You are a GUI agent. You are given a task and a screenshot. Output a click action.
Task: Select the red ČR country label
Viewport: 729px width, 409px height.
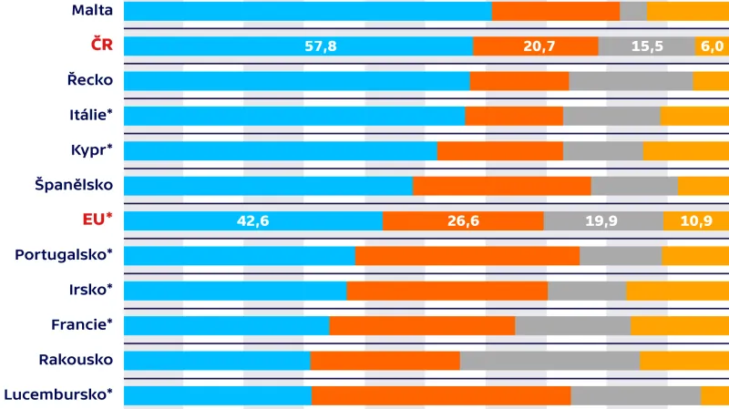click(x=101, y=45)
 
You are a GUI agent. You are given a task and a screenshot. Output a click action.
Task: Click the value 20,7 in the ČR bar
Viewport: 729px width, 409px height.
click(x=539, y=46)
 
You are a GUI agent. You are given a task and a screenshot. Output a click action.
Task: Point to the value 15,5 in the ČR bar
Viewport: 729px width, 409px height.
click(x=646, y=46)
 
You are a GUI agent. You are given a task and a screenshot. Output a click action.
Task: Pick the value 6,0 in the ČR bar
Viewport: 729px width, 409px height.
click(x=711, y=46)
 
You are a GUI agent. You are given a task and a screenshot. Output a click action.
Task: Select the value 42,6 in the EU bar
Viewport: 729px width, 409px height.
click(x=252, y=220)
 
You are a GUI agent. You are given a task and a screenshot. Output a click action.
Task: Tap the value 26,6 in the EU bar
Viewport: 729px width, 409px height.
click(x=461, y=220)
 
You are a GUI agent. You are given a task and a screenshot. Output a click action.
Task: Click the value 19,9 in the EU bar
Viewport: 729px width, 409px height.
click(x=602, y=220)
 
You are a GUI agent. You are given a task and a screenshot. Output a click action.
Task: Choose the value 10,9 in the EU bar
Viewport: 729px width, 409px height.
click(x=696, y=220)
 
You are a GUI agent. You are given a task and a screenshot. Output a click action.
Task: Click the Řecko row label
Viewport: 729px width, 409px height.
click(x=90, y=80)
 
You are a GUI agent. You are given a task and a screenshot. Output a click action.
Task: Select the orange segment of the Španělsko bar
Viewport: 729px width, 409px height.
click(x=501, y=186)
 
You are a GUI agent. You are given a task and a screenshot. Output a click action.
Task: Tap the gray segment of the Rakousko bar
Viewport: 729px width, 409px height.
click(x=549, y=360)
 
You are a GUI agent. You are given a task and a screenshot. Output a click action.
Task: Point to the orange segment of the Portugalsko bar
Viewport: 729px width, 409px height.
click(x=467, y=255)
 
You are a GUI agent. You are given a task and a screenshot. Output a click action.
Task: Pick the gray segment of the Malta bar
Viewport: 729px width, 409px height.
click(x=633, y=11)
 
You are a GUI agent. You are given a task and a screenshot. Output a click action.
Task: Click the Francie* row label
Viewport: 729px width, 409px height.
click(x=82, y=324)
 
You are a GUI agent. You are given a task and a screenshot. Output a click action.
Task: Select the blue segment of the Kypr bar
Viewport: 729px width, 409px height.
click(x=280, y=150)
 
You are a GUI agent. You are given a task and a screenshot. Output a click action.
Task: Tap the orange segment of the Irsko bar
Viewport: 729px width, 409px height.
click(x=447, y=291)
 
